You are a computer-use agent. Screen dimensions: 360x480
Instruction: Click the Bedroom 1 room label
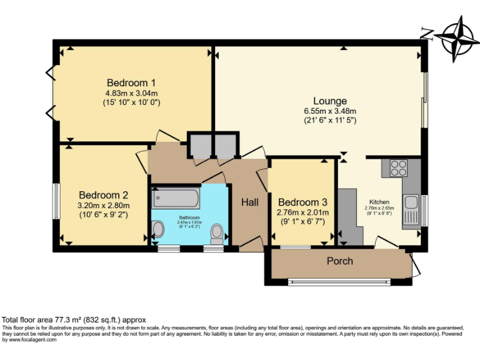[131, 83]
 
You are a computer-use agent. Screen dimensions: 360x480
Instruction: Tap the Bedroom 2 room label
[103, 194]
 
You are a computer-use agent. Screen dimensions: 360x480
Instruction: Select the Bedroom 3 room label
[303, 202]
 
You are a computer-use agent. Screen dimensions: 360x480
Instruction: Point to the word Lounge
[330, 101]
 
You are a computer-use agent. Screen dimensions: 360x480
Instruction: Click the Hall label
[250, 202]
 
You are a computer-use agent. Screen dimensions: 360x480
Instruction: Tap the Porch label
[340, 261]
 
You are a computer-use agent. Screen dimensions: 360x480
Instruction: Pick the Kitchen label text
[379, 202]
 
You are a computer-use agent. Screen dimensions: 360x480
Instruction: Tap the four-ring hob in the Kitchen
[398, 168]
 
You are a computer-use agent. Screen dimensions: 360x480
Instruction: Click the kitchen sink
[411, 203]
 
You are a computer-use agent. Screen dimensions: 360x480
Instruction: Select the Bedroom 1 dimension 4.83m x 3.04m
[131, 93]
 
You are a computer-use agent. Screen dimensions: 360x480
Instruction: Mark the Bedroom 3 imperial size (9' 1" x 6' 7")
[303, 221]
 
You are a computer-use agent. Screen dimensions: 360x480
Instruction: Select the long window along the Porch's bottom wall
[340, 282]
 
